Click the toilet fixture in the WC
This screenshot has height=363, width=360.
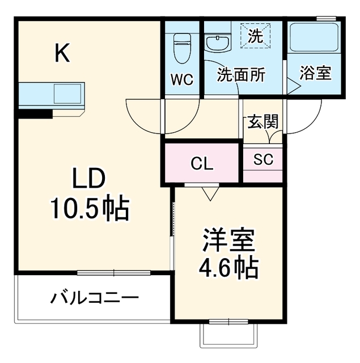pyautogui.click(x=182, y=48)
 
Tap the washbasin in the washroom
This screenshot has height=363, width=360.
pyautogui.click(x=218, y=44)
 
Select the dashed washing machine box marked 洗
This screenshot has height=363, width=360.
pyautogui.click(x=256, y=36)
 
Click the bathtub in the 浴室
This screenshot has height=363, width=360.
pyautogui.click(x=315, y=37)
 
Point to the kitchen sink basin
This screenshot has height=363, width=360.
pyautogui.click(x=67, y=94)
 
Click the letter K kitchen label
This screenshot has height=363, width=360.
pyautogui.click(x=62, y=53)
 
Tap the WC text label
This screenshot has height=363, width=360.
pyautogui.click(x=182, y=80)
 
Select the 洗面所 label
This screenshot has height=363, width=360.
pyautogui.click(x=241, y=75)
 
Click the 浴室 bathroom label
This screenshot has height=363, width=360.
pyautogui.click(x=315, y=73)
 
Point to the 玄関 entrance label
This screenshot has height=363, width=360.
pyautogui.click(x=263, y=121)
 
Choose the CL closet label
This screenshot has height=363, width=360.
pyautogui.click(x=202, y=164)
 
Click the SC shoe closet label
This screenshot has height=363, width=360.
pyautogui.click(x=263, y=159)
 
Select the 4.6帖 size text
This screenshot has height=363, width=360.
pyautogui.click(x=228, y=268)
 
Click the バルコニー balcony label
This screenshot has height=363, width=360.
pyautogui.click(x=95, y=298)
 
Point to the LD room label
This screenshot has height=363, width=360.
pyautogui.click(x=89, y=178)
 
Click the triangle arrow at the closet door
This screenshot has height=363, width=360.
pyautogui.click(x=210, y=194)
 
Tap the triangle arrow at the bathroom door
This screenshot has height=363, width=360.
pyautogui.click(x=294, y=86)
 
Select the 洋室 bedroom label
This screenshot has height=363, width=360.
pyautogui.click(x=228, y=240)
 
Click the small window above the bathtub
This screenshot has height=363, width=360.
pyautogui.click(x=326, y=18)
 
